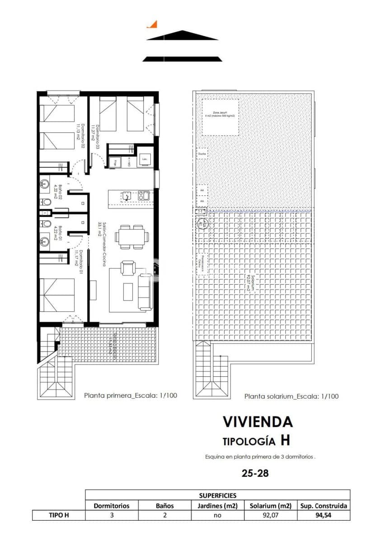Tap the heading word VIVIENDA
[x=257, y=422]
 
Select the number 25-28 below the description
[x=255, y=473]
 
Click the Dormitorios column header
[x=112, y=505]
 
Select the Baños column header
[x=165, y=505]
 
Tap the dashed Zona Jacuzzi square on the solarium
[x=220, y=117]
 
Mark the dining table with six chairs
[x=131, y=237]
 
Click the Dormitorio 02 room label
[x=80, y=135]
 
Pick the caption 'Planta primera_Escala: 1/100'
[x=131, y=395]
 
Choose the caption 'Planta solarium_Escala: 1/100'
[x=291, y=396]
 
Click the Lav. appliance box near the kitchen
[x=145, y=159]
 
